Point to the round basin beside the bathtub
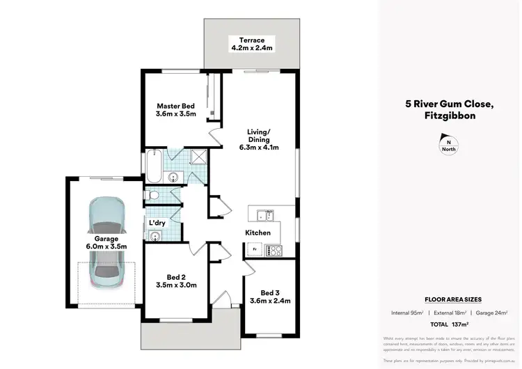173,176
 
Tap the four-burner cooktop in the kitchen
274,250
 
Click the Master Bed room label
175,106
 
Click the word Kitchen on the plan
257,233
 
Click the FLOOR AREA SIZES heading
453,299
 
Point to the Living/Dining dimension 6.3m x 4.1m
254,147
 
